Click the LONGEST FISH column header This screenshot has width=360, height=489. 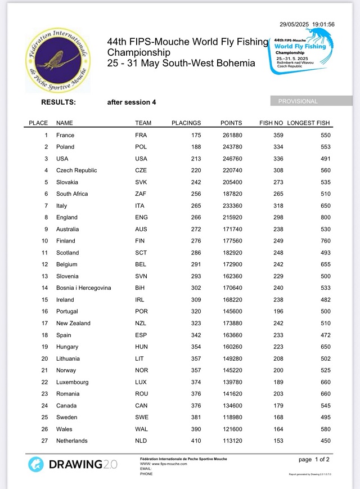point(308,123)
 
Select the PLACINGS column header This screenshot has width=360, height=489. point(186,123)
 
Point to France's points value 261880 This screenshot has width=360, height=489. point(231,135)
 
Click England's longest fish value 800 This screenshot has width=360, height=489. point(326,217)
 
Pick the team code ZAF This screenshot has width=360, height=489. point(142,194)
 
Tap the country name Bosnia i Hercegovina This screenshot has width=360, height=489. point(83,288)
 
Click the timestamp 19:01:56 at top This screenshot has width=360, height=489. point(323,24)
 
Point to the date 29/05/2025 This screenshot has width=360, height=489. point(294,24)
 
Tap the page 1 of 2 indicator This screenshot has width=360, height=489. point(314,459)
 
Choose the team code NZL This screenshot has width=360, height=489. point(141,323)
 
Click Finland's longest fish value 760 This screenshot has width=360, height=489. point(326,241)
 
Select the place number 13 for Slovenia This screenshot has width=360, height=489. point(44,276)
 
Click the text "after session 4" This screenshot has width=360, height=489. point(132,102)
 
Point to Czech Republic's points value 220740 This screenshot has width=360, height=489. point(231,171)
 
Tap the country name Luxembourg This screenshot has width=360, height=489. point(72,382)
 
